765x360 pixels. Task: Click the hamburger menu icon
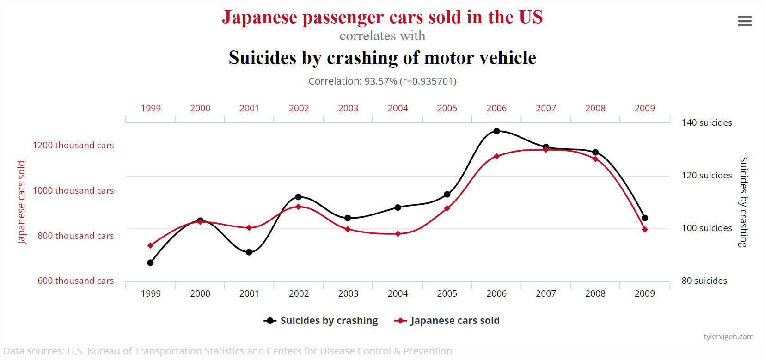pos(744,21)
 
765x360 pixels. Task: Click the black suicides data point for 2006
pos(496,131)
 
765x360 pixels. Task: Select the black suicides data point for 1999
pos(150,262)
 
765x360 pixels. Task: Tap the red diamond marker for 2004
pos(398,234)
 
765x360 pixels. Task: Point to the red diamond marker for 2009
pos(645,229)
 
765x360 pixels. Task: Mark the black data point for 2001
pos(249,252)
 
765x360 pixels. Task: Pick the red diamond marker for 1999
pos(150,245)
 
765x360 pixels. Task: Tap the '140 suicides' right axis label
pos(707,122)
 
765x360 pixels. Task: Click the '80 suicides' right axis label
pos(704,281)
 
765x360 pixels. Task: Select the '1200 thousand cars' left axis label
pos(73,145)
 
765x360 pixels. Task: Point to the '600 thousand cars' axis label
pos(75,281)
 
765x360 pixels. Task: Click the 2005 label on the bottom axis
pos(447,293)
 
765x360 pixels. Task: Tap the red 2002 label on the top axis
pos(299,108)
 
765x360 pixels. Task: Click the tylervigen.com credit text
pos(728,336)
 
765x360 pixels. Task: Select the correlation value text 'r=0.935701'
pos(428,81)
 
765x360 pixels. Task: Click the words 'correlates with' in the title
pos(382,36)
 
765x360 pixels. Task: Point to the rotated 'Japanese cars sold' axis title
pos(21,202)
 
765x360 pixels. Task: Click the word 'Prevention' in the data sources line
pos(428,351)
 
